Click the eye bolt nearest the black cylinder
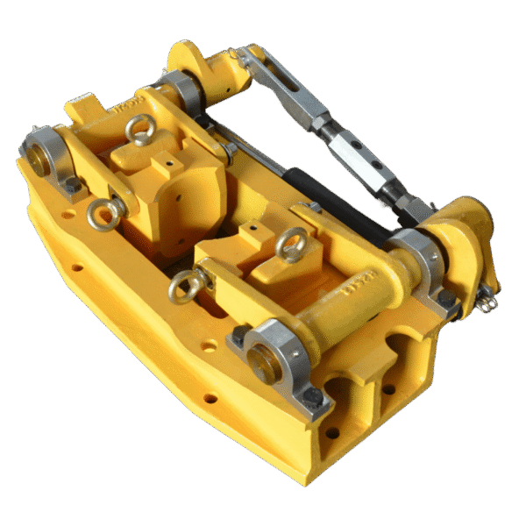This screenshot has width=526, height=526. [x=290, y=245]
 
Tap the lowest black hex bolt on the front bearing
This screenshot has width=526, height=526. [x=311, y=399]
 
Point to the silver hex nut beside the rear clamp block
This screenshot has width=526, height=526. [x=230, y=151]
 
